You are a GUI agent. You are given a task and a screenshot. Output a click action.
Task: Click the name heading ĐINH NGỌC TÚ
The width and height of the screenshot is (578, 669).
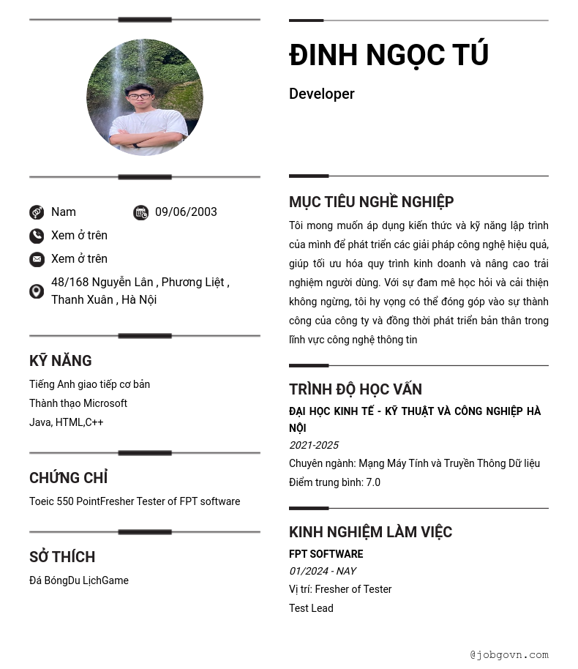pos(389,55)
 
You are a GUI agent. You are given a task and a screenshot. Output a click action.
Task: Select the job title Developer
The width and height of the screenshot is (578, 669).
pos(321,94)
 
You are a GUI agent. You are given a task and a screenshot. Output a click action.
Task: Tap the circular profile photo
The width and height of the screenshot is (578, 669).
pos(145,97)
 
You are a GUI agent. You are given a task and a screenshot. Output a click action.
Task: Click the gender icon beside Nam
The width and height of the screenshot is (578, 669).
pos(37,212)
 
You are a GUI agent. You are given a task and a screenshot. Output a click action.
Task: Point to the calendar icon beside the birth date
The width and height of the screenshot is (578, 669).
pos(140,212)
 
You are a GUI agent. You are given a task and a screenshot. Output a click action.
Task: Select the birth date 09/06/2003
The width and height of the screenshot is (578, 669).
pos(186,212)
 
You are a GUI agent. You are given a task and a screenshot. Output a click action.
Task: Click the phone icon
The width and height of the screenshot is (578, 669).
pos(37,236)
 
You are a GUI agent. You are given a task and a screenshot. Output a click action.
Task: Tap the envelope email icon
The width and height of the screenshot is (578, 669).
pos(37,259)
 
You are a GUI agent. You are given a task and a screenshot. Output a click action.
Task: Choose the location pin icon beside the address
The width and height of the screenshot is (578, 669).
pos(37,291)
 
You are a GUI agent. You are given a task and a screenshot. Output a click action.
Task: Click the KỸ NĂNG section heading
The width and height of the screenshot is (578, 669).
pos(61,361)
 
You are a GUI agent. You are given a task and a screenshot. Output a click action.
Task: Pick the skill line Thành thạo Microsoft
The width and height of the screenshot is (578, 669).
pos(78,403)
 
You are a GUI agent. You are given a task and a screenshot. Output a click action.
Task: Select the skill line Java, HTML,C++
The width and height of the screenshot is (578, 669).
pos(67,422)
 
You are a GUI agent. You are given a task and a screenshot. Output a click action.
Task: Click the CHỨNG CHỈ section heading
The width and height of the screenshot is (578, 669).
pos(69,478)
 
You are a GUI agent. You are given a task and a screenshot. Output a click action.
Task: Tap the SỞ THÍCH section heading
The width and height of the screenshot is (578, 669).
pos(62,557)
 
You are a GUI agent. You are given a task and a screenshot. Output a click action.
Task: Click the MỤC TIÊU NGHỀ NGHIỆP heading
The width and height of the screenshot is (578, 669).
pos(371,202)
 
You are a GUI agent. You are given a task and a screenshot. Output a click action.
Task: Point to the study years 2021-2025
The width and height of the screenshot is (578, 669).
pos(314,445)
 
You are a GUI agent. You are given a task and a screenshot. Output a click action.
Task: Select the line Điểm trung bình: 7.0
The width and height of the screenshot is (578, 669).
pos(334,482)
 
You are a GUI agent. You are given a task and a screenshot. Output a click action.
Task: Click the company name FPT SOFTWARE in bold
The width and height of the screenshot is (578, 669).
pos(326,554)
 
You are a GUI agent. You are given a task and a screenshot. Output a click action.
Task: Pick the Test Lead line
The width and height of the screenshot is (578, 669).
pos(311,608)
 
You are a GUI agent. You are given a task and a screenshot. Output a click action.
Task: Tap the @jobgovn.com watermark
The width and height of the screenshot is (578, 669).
pos(509,655)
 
